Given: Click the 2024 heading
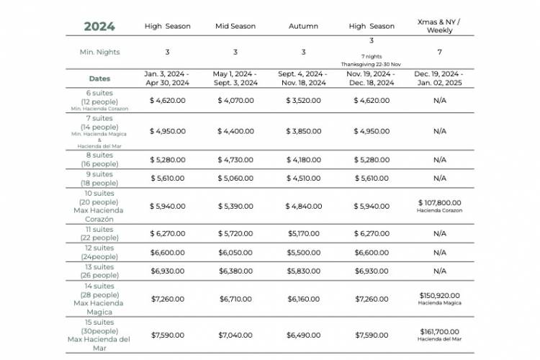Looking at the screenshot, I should [x=99, y=27].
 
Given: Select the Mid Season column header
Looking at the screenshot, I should [x=235, y=27].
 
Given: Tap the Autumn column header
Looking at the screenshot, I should [x=303, y=27].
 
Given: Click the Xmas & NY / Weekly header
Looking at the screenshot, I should [x=439, y=27].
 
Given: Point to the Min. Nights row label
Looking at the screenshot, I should [x=99, y=52].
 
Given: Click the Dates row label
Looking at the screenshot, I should [x=99, y=78].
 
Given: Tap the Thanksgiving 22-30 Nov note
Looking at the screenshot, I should [x=372, y=64].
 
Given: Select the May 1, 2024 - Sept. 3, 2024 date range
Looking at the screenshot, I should [x=235, y=78].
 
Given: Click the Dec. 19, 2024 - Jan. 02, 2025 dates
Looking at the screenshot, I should [x=439, y=78].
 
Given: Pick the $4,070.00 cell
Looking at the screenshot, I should [x=235, y=101].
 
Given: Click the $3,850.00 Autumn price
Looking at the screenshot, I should [x=303, y=131].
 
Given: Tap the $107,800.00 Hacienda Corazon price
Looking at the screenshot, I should [x=439, y=203].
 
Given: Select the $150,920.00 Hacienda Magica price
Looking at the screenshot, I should [x=439, y=295].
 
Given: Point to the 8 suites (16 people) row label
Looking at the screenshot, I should [x=99, y=158].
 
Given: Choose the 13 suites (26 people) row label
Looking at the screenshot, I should [x=99, y=271].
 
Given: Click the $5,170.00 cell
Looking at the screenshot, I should [x=303, y=233].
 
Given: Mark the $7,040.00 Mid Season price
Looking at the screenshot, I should [x=235, y=335].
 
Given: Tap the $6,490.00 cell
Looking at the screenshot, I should [x=303, y=335].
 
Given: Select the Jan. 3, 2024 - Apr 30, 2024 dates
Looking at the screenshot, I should [x=167, y=78].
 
